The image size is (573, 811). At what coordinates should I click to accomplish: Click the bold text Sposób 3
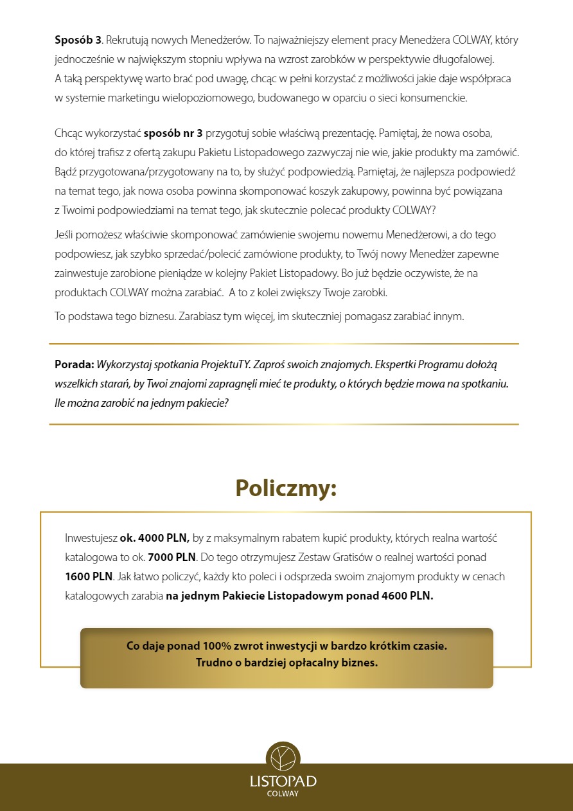78,40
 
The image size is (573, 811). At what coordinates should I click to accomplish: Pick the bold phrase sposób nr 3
173,134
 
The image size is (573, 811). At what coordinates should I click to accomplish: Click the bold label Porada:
75,364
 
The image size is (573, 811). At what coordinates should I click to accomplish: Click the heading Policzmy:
286,488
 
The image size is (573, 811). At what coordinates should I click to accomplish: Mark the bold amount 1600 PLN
89,576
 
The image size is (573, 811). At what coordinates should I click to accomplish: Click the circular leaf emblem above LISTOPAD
283,759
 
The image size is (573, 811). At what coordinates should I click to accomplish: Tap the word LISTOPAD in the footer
283,781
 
